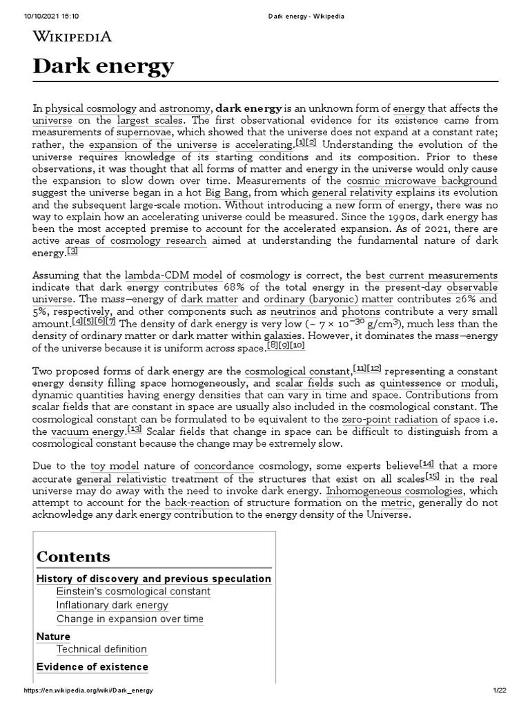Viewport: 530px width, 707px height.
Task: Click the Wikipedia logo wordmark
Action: pos(72,37)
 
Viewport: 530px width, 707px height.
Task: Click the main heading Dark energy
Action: pos(104,68)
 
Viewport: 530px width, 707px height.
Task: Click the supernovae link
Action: pos(144,132)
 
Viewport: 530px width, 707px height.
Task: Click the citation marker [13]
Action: pos(134,429)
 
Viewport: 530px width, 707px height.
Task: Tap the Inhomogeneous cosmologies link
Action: pos(385,491)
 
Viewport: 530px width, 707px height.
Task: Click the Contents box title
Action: pos(73,556)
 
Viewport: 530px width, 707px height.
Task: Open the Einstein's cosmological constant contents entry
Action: pos(133,592)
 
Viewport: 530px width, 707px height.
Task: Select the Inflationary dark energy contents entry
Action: pos(112,605)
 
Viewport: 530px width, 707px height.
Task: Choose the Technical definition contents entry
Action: pos(101,649)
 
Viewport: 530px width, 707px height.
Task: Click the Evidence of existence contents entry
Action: pos(92,667)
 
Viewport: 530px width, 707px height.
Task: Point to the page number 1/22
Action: pos(500,691)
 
